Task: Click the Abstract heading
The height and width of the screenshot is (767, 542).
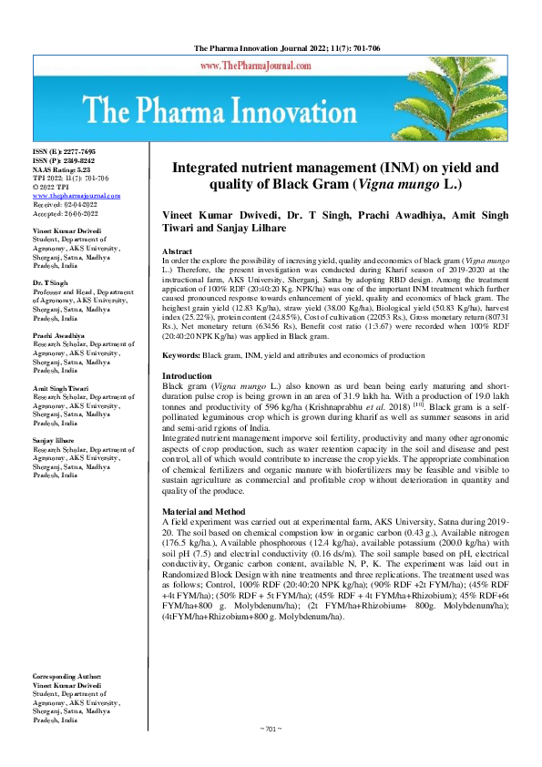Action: point(177,250)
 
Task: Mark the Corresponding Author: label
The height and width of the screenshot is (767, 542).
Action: point(67,702)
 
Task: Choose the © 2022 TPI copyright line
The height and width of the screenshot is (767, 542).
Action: point(51,188)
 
